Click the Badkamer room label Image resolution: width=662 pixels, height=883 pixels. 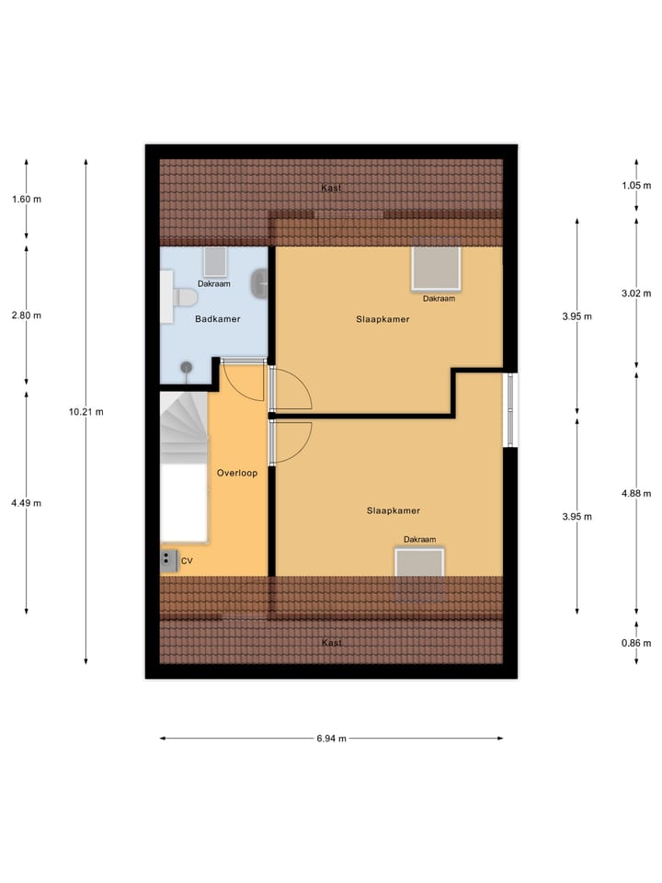(x=218, y=320)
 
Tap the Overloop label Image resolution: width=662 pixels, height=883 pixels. (x=236, y=473)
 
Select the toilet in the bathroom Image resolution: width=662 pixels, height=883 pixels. (x=186, y=298)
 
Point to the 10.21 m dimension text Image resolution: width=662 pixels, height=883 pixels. (x=86, y=412)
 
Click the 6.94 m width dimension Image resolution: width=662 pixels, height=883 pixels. (x=331, y=738)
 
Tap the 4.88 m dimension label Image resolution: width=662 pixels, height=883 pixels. (x=636, y=493)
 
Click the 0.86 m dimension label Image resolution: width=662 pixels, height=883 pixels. (x=636, y=643)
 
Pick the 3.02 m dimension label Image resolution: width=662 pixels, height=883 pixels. (x=636, y=294)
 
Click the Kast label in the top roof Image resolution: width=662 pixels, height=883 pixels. (x=331, y=189)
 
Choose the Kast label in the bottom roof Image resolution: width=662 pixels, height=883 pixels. (x=331, y=643)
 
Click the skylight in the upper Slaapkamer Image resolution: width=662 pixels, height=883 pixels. (x=438, y=269)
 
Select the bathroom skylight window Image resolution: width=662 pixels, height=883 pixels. (x=215, y=262)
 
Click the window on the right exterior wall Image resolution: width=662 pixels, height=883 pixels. (x=511, y=409)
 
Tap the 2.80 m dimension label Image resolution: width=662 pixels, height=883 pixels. (x=27, y=315)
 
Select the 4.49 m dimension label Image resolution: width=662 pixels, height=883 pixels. (x=27, y=502)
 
